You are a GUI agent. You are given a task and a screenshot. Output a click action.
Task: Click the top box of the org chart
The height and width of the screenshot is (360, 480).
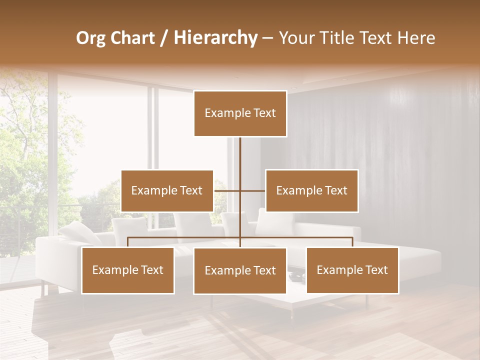coord(240,113)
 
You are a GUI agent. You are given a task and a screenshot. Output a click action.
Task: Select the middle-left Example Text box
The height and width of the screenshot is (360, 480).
coord(167,190)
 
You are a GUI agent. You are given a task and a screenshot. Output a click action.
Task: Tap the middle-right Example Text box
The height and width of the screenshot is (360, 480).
coord(311,190)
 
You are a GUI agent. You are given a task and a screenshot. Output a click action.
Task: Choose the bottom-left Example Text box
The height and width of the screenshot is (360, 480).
coord(128,270)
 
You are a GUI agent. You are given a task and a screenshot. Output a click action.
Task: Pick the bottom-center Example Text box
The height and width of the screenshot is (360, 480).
coord(240,270)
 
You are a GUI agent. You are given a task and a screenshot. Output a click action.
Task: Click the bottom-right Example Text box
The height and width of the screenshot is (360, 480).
coord(352,270)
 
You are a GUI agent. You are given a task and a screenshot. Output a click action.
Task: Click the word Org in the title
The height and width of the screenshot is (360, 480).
coord(90,38)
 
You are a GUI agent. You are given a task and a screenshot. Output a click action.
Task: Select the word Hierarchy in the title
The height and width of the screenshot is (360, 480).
coord(215,38)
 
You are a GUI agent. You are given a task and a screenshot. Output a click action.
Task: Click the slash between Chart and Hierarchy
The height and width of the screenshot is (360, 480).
coord(164,38)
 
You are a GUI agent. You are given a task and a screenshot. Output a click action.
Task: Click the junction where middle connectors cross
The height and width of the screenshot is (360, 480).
coord(240,190)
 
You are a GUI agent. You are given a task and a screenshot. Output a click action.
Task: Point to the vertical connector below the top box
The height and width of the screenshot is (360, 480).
coord(240,155)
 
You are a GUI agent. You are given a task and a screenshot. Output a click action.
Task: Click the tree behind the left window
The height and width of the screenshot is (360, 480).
coord(25,150)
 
